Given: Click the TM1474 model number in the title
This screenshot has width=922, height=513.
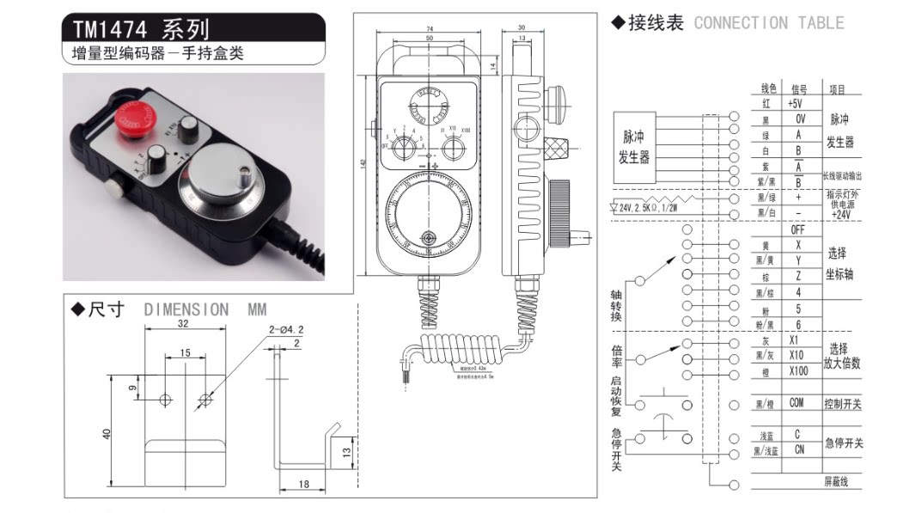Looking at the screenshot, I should click(113, 31).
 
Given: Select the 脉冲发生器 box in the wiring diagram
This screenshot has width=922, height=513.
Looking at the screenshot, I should click(634, 146).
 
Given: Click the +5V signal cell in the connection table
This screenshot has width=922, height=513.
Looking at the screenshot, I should click(796, 103).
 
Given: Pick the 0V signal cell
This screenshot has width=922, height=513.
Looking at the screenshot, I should click(798, 119).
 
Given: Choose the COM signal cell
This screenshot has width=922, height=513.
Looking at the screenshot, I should click(797, 403).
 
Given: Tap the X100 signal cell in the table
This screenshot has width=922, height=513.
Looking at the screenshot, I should click(797, 371).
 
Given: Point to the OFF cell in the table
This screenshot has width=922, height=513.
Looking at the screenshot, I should click(797, 229).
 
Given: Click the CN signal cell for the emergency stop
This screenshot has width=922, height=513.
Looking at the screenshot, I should click(798, 449).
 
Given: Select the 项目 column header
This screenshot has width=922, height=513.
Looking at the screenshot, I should click(837, 89).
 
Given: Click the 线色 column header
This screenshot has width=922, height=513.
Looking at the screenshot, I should click(768, 89).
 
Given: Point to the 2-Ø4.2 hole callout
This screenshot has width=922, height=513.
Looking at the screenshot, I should click(285, 329).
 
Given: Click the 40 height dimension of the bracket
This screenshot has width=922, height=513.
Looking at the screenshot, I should click(107, 434).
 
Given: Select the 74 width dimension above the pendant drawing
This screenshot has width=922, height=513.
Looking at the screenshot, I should click(429, 30).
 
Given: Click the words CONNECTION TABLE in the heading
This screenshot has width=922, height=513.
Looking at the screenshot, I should click(769, 23).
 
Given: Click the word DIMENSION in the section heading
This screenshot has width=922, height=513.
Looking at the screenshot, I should click(186, 309).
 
